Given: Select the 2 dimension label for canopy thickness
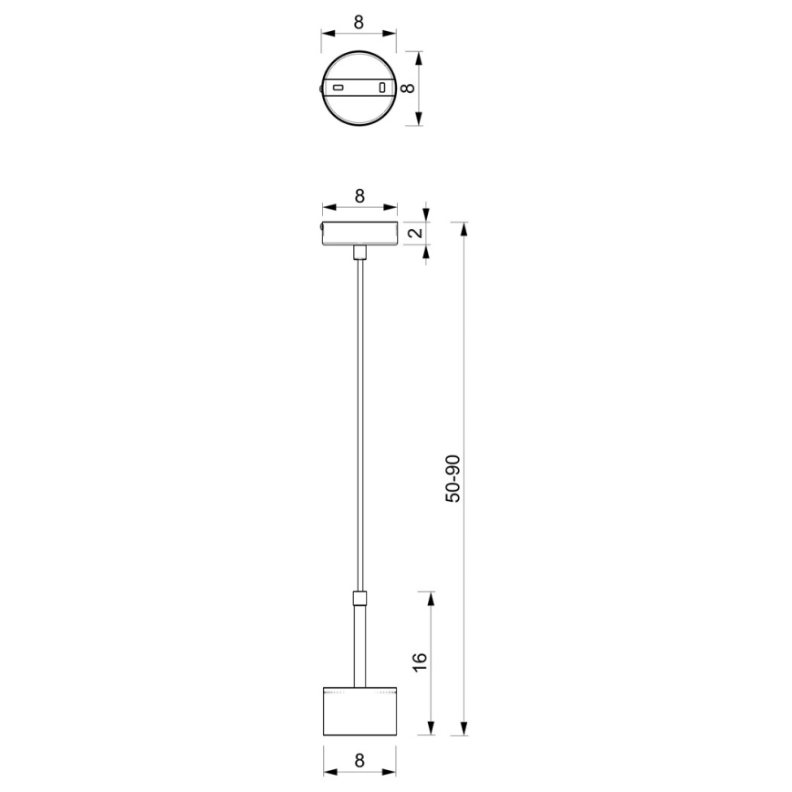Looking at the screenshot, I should tap(416, 234).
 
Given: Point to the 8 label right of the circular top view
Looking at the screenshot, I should tap(410, 89).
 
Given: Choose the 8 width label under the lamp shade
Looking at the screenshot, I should tap(360, 759).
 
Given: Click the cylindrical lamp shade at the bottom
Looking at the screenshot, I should tap(360, 709).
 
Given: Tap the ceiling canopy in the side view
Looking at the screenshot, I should tap(360, 234).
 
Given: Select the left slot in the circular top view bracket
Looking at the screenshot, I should tap(338, 88).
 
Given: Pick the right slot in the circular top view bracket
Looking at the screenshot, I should tap(382, 88).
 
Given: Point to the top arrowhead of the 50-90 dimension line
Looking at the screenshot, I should tap(464, 226).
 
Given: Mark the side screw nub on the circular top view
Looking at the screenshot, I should tap(319, 89).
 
